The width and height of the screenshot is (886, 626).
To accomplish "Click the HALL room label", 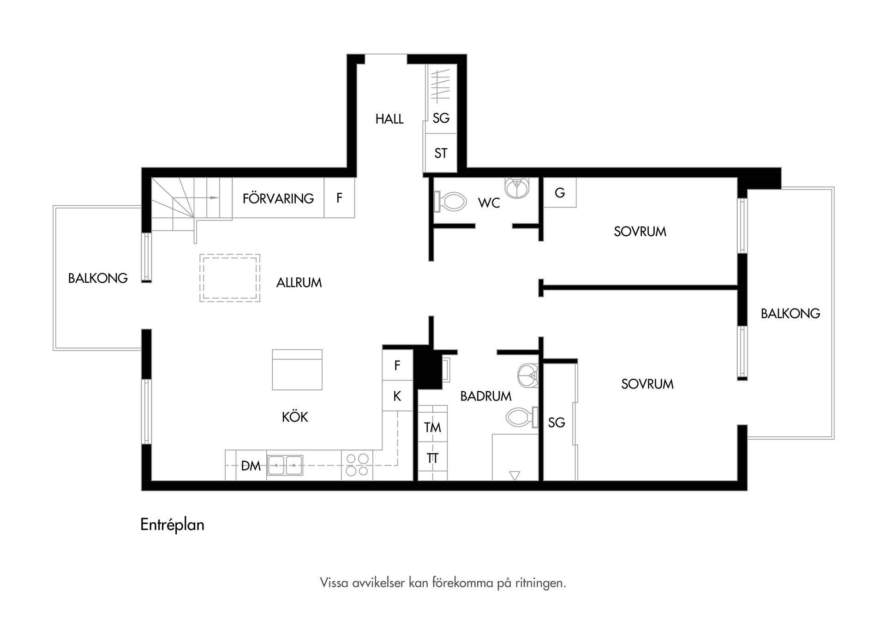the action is (389, 119).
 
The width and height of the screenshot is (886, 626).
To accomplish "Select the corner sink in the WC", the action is (517, 188).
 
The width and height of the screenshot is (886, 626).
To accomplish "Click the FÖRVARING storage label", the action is (278, 198).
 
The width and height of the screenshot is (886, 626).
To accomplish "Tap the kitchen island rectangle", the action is (297, 370).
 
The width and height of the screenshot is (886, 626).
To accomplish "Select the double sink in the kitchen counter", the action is (285, 465).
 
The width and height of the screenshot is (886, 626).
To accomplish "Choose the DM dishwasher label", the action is (251, 466).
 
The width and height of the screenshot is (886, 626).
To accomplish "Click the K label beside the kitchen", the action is (397, 396).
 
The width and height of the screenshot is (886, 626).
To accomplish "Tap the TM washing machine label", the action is (433, 428).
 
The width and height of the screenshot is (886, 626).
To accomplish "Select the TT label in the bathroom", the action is (432, 459).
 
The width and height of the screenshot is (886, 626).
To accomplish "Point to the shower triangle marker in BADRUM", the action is (515, 475).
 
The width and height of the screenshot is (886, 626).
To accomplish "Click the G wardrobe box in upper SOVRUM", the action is (560, 192).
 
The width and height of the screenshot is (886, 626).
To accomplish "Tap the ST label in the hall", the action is (441, 153).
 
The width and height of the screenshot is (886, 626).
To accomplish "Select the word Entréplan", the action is (172, 525).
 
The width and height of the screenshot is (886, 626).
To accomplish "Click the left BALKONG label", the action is (98, 278).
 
